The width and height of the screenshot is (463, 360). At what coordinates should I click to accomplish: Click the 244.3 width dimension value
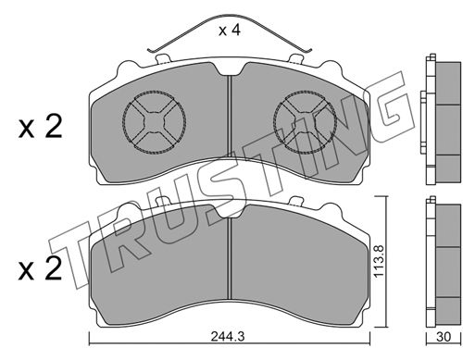228,337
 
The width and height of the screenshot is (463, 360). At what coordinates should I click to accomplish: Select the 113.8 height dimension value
379,261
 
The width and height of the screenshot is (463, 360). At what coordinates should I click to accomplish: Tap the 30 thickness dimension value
444,337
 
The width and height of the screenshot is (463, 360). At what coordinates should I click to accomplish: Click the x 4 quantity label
229,31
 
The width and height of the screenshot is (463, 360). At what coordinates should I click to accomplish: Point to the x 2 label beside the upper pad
40,126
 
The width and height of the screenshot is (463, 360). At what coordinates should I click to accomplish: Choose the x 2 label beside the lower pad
40,269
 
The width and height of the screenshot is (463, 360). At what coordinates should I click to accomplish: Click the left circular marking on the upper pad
154,122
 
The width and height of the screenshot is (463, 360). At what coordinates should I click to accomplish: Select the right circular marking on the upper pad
305,122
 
